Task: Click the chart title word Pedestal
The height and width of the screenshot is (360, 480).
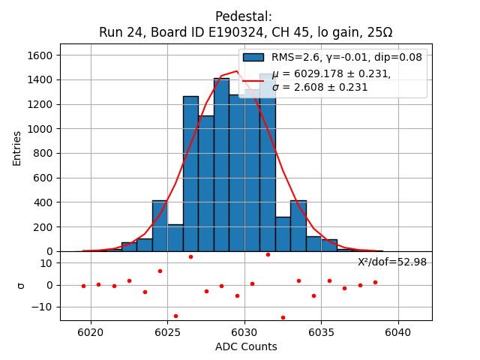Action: tap(244, 16)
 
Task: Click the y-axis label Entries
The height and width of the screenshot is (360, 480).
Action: tap(17, 147)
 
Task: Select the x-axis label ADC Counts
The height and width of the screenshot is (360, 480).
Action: tap(246, 346)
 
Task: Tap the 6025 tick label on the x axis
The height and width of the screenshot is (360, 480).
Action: tap(167, 331)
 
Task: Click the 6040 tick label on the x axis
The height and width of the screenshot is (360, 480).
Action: tap(397, 331)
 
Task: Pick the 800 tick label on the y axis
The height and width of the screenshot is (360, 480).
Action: tap(44, 153)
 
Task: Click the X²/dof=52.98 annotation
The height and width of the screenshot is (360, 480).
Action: tap(391, 262)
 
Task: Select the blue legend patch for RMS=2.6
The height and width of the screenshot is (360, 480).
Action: tap(253, 57)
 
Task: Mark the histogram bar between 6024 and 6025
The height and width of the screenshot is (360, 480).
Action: tap(160, 226)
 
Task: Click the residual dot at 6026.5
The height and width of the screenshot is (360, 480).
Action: tap(190, 256)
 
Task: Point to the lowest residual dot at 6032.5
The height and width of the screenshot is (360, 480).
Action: tap(283, 317)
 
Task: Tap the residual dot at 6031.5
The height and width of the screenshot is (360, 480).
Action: tap(268, 254)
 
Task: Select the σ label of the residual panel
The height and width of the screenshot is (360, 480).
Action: tap(21, 285)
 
